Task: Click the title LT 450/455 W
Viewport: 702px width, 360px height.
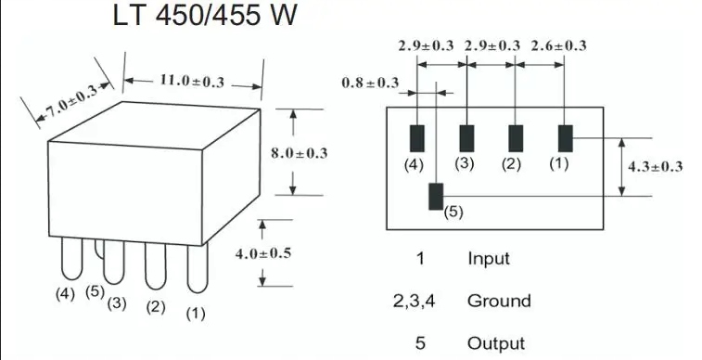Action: pos(205,15)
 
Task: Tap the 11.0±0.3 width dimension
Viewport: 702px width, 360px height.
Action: pos(192,81)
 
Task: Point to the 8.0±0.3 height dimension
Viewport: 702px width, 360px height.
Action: pos(299,153)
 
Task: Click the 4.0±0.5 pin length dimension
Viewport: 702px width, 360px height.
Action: pos(263,253)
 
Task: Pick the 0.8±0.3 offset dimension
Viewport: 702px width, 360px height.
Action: pos(370,83)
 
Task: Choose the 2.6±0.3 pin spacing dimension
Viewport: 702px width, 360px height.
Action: pos(558,45)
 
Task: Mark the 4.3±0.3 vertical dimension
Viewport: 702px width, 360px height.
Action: pos(655,167)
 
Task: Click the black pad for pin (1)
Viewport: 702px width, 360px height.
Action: pos(566,138)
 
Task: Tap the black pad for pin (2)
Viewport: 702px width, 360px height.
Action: pos(516,138)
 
